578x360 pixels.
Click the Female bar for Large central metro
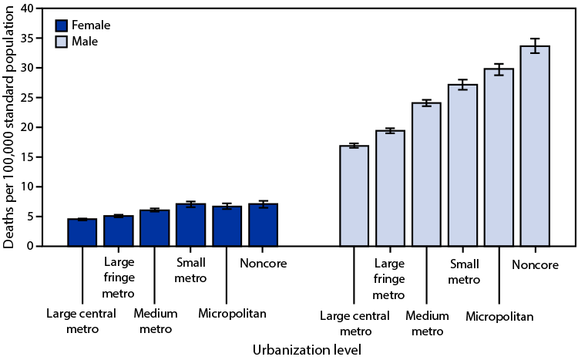pos(82,233)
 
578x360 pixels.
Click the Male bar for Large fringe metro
pos(390,188)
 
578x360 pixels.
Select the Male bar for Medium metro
pos(426,174)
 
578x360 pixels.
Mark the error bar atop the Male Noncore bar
pos(535,46)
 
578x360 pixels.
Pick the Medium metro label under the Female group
pos(155,321)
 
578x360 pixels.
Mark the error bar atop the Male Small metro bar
pos(462,85)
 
